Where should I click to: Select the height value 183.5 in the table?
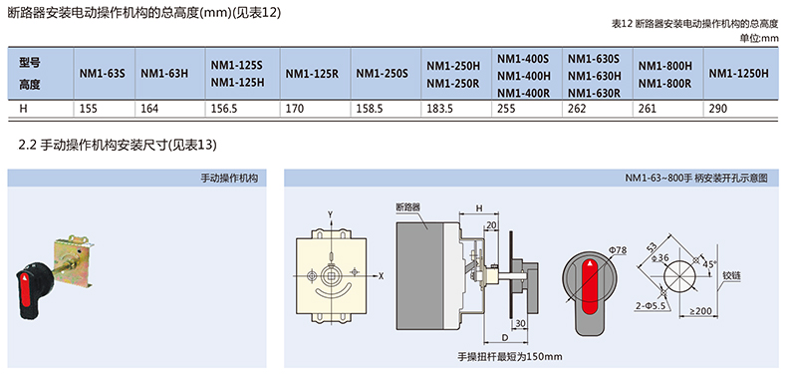click(x=440, y=109)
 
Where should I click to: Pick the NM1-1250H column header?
click(x=739, y=74)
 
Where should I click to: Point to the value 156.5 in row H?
click(x=224, y=109)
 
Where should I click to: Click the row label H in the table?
click(x=23, y=109)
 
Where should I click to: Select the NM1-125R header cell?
click(x=312, y=74)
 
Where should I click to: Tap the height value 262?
click(x=577, y=109)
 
